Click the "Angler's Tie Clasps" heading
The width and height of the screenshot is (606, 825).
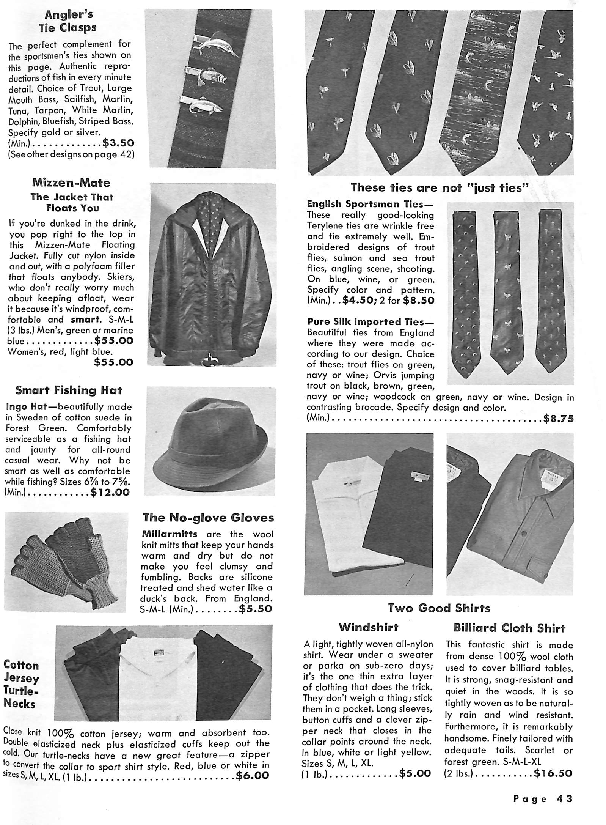(x=71, y=21)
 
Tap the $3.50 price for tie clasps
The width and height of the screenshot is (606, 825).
(x=118, y=143)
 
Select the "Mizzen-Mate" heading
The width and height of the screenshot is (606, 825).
(x=71, y=183)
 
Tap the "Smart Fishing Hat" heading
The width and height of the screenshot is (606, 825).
(x=69, y=390)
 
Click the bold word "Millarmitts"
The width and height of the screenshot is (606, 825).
(x=169, y=534)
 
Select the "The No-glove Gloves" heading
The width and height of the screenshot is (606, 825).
(x=208, y=518)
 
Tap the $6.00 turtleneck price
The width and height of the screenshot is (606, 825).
(x=252, y=775)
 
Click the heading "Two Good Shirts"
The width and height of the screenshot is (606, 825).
(x=439, y=608)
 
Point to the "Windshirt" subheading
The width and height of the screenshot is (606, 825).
(x=368, y=627)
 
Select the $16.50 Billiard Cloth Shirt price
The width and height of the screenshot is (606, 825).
(x=553, y=773)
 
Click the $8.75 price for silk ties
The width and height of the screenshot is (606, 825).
(x=558, y=419)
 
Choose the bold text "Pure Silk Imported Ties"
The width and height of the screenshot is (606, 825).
(x=365, y=322)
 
